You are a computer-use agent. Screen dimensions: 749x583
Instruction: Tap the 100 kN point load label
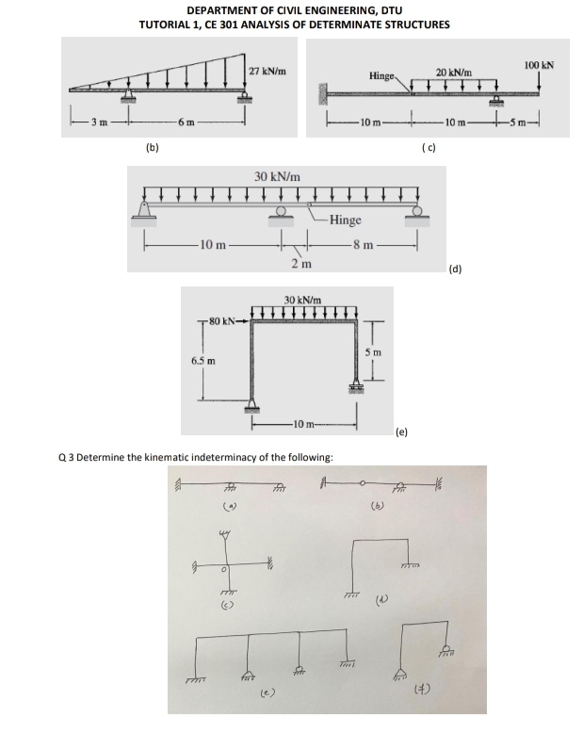538,66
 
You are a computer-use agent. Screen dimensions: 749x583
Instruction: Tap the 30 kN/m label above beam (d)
278,176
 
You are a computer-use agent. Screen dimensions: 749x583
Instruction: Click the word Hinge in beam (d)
346,220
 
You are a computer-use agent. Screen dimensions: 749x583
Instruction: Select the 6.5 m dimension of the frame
203,361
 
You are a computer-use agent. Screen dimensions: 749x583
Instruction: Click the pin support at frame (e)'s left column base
252,405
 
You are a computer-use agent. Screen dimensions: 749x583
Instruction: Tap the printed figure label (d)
456,269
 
